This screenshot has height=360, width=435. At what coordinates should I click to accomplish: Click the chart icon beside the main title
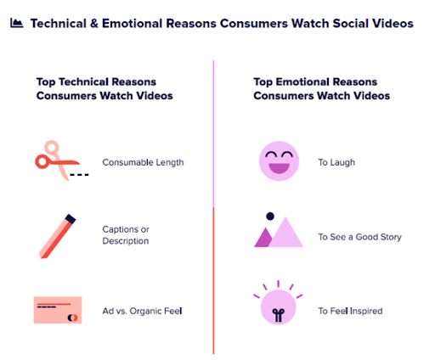click(17, 23)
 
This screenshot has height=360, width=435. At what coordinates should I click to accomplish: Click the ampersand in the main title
click(94, 24)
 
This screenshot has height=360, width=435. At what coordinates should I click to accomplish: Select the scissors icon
click(62, 160)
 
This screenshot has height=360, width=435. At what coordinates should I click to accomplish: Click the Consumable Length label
click(143, 162)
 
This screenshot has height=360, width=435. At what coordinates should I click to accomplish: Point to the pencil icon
click(58, 236)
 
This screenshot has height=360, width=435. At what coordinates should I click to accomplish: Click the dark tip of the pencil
click(71, 219)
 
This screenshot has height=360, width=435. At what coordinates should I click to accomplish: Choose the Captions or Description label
click(126, 235)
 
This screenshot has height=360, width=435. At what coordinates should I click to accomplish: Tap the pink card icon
click(58, 310)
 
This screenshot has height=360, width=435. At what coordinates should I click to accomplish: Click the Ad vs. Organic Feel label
click(142, 311)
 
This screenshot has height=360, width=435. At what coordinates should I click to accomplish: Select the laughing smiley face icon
click(279, 161)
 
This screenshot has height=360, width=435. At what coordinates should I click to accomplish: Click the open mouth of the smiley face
click(279, 168)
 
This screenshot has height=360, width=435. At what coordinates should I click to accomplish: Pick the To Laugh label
click(336, 162)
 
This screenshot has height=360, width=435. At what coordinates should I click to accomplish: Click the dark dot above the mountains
click(270, 217)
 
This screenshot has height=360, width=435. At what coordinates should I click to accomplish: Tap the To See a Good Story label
click(360, 237)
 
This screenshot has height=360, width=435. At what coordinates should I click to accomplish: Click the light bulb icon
click(278, 303)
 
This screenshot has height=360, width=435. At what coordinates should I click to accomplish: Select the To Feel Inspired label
click(350, 311)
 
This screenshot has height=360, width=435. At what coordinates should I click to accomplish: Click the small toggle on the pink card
click(72, 318)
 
